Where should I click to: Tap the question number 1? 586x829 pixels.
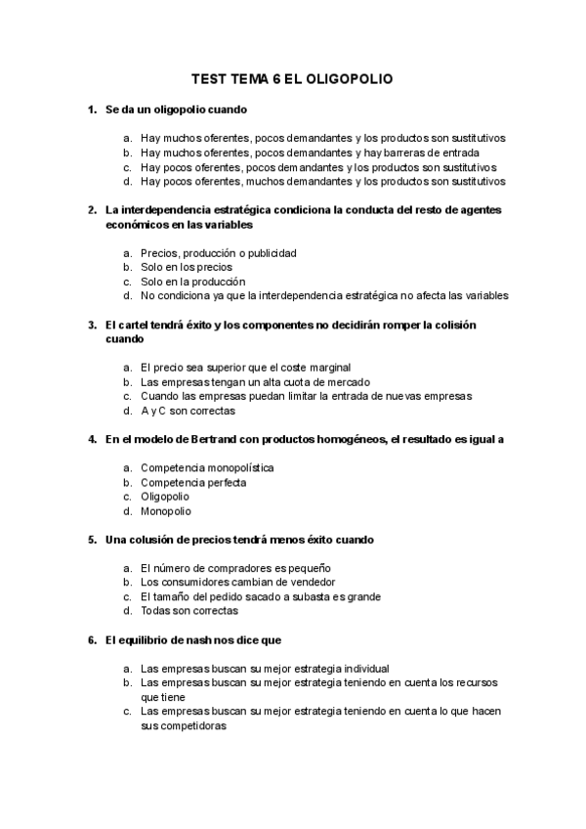click(91, 109)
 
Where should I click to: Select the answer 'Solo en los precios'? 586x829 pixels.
click(187, 267)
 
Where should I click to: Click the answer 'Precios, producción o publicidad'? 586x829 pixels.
click(219, 253)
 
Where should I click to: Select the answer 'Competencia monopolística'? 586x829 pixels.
click(207, 468)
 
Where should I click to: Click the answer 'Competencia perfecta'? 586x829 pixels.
click(193, 483)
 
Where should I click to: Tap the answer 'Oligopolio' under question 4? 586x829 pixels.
click(165, 497)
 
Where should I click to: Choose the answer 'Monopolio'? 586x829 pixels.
click(166, 511)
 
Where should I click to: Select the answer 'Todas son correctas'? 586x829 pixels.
click(189, 611)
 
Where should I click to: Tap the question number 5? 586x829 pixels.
click(91, 540)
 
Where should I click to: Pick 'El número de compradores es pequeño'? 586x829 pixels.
click(236, 568)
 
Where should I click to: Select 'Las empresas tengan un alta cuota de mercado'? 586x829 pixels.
click(256, 382)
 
